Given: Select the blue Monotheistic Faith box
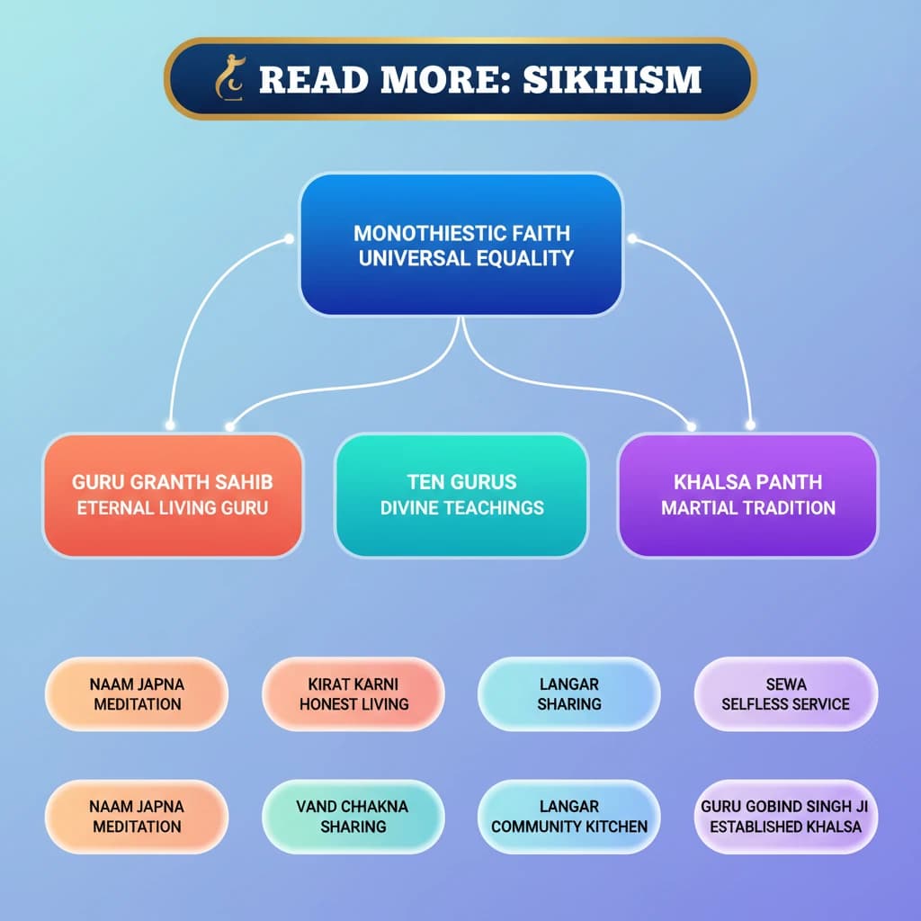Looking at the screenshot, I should click(x=460, y=245).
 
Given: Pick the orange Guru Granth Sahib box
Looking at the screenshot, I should click(x=173, y=494).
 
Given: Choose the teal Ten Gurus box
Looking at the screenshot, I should click(x=461, y=494).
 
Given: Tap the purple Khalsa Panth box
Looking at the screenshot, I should click(x=748, y=494).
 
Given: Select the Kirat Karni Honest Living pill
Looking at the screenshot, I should click(x=353, y=693).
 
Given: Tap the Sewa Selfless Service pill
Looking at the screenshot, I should click(x=785, y=693).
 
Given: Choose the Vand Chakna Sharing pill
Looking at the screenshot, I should click(x=353, y=816).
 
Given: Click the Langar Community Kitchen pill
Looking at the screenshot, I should click(x=569, y=816).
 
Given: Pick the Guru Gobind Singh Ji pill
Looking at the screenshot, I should click(x=785, y=816).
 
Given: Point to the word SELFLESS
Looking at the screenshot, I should click(x=757, y=704).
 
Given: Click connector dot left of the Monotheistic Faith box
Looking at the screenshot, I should click(x=290, y=238).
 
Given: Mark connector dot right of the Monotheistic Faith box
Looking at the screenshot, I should click(x=632, y=238).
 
